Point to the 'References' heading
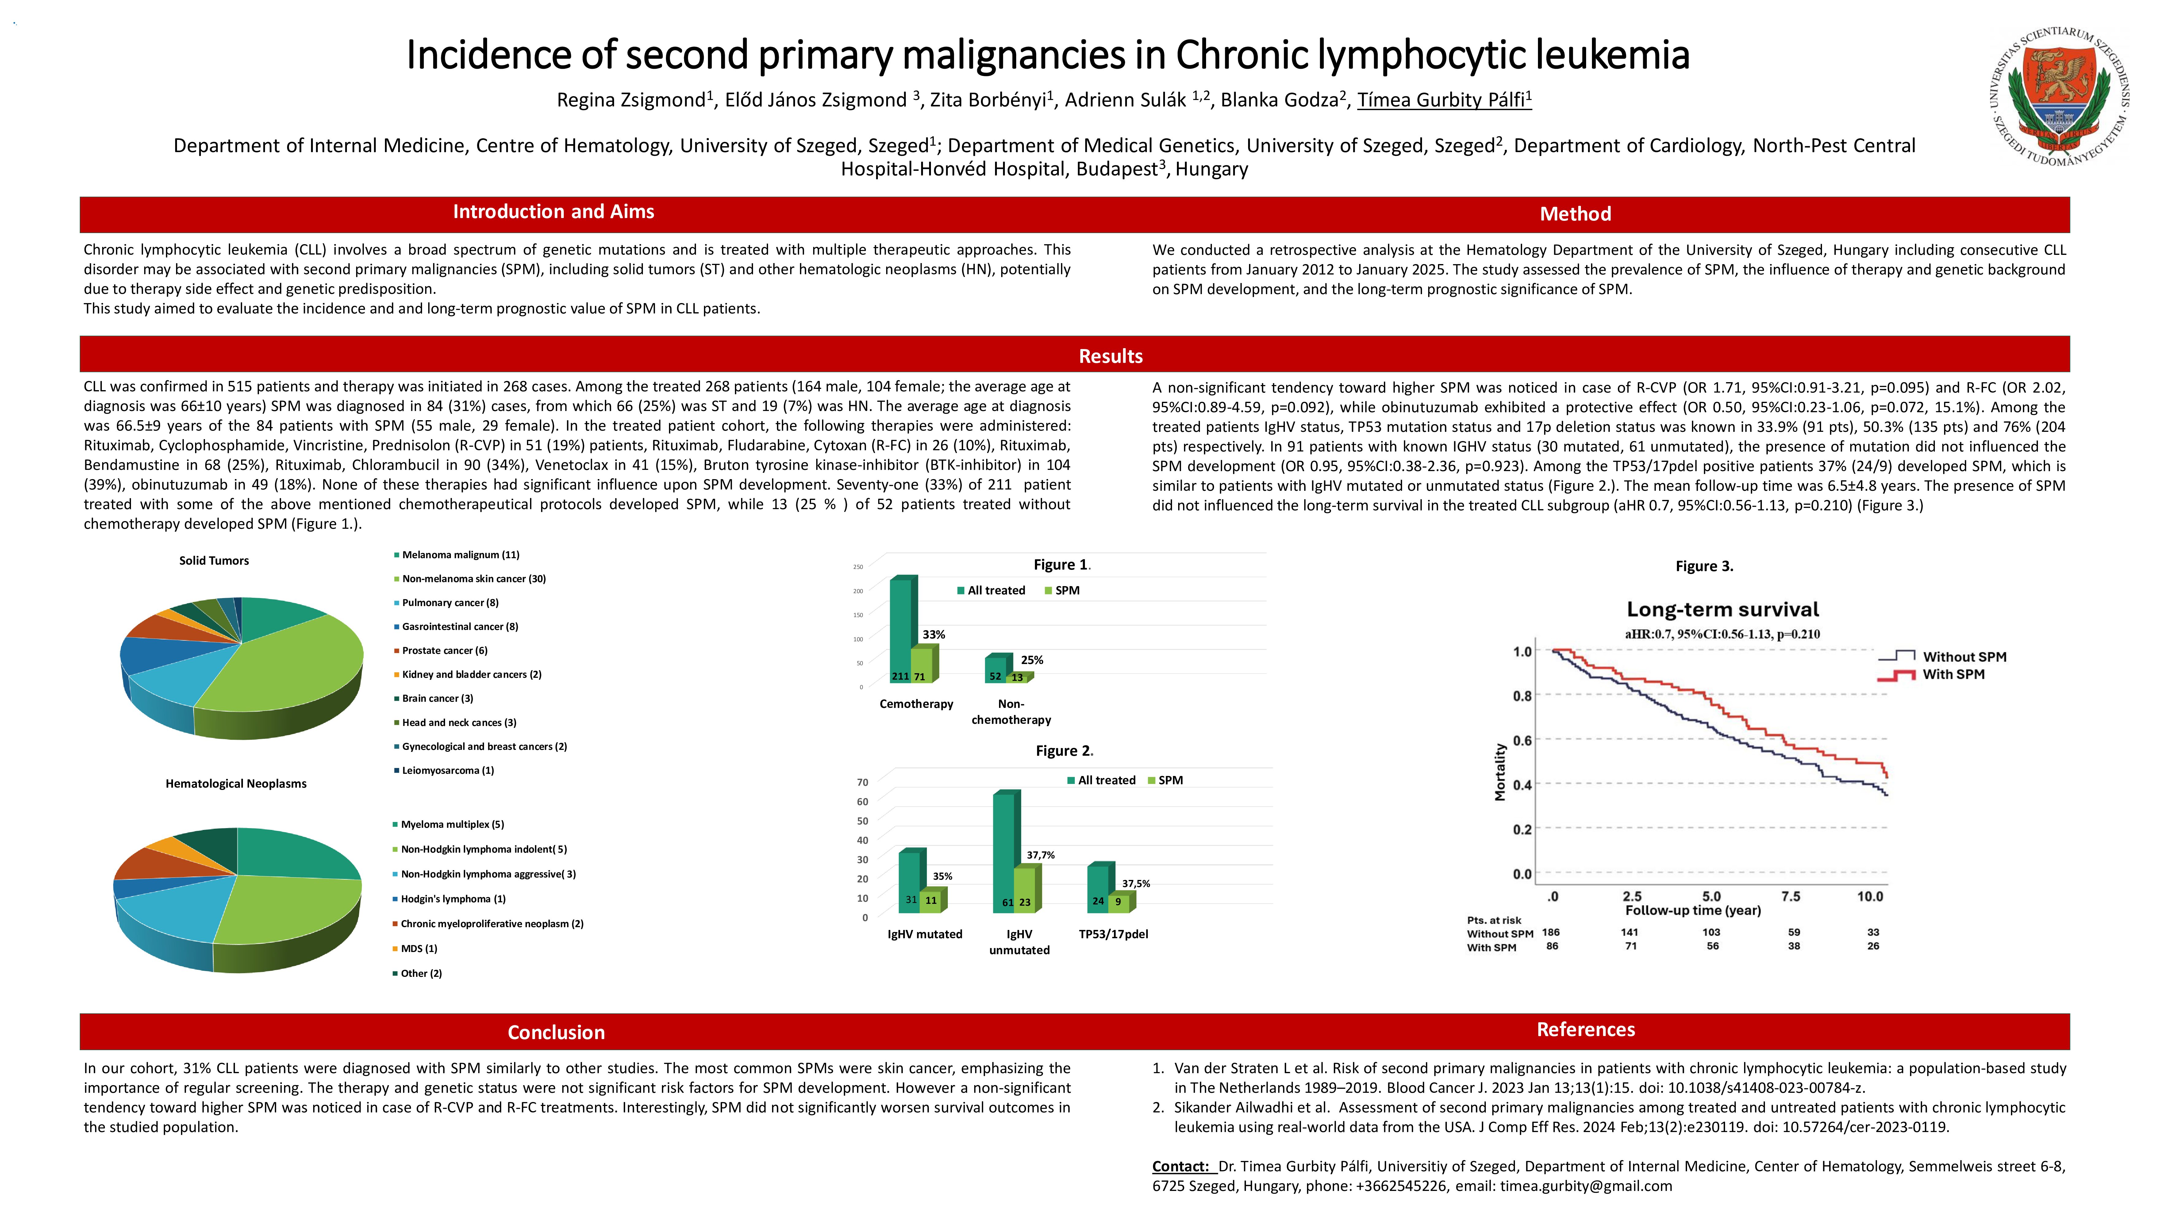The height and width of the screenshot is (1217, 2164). point(1585,1030)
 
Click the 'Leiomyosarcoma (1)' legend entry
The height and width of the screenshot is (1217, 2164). point(447,770)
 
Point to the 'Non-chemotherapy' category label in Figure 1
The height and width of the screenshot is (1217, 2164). point(1011,711)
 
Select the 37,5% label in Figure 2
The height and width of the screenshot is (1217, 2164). point(1136,884)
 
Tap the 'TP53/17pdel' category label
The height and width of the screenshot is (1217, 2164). point(1113,934)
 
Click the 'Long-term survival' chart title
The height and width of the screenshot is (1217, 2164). point(1722,610)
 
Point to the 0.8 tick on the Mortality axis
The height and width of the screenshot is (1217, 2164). point(1522,695)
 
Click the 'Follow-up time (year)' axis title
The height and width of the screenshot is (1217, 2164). point(1693,910)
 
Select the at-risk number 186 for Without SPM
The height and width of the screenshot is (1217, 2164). point(1551,932)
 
